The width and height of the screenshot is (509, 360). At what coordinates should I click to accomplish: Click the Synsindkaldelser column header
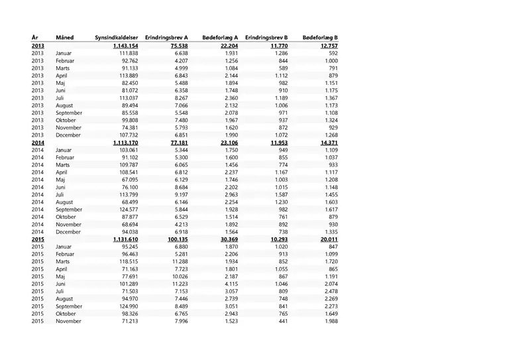coord(116,37)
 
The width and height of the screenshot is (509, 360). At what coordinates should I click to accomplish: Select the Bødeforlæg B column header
coord(320,37)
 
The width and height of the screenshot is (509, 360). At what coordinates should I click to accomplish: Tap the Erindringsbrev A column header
coord(166,37)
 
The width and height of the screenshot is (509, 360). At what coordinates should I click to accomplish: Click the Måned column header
coord(65,37)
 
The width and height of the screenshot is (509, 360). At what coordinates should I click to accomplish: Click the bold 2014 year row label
coord(37,143)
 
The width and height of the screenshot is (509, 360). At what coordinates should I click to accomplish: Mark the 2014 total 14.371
coord(325,143)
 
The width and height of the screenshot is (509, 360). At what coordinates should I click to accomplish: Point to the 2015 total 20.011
coord(325,239)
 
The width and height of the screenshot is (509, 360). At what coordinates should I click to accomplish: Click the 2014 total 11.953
coord(274,143)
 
